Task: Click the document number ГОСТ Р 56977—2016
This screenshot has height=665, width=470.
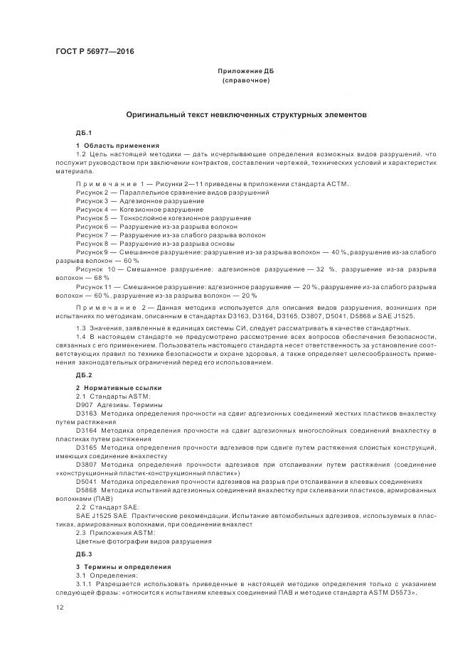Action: click(95, 52)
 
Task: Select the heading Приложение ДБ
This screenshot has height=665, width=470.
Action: click(245, 72)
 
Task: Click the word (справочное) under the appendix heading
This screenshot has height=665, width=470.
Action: click(245, 81)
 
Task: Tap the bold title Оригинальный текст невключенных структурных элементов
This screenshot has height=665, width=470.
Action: click(246, 114)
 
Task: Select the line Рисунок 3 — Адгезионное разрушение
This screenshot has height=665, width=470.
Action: click(140, 201)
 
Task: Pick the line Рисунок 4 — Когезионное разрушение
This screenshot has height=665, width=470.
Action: click(140, 210)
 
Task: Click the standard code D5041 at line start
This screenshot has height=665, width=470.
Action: click(86, 481)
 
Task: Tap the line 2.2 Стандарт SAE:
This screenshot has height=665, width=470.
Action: click(107, 506)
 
